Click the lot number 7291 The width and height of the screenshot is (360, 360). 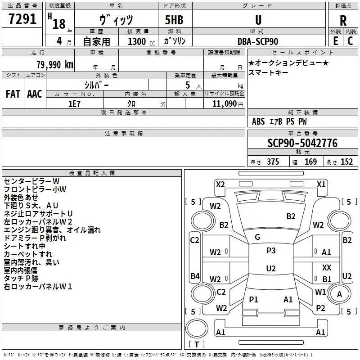pyautogui.click(x=22, y=19)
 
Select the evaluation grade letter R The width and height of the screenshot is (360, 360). pyautogui.click(x=343, y=21)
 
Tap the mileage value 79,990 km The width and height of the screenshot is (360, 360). pyautogui.click(x=55, y=65)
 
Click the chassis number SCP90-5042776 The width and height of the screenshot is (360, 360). pyautogui.click(x=302, y=143)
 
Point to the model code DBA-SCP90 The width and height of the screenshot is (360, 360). pyautogui.click(x=258, y=41)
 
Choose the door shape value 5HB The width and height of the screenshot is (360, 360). pyautogui.click(x=174, y=20)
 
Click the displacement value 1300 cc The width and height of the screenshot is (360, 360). pyautogui.click(x=141, y=41)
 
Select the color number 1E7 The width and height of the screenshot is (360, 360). pyautogui.click(x=74, y=104)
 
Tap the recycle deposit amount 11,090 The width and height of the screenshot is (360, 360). pyautogui.click(x=225, y=104)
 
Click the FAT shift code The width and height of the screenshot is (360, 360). pyautogui.click(x=13, y=94)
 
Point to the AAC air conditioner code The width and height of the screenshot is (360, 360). pyautogui.click(x=35, y=94)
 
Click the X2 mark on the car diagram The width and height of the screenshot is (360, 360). pyautogui.click(x=220, y=184)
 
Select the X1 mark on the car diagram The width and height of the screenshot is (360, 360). pyautogui.click(x=321, y=184)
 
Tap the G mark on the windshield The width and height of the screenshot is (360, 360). pyautogui.click(x=257, y=237)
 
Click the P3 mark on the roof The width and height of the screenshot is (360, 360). pyautogui.click(x=271, y=251)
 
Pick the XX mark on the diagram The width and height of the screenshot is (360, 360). pyautogui.click(x=327, y=267)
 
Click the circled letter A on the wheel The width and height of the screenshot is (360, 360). pyautogui.click(x=339, y=294)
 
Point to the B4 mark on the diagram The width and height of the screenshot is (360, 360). pyautogui.click(x=195, y=276)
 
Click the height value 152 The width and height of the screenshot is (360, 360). pyautogui.click(x=346, y=162)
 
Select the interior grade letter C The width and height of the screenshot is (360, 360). pyautogui.click(x=350, y=41)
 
